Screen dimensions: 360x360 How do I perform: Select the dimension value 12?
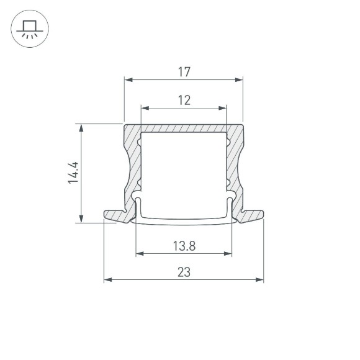point(183,99)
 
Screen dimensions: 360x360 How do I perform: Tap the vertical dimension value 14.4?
point(73,173)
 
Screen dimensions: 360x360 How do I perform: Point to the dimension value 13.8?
point(184,246)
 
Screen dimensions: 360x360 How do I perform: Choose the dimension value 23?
point(184,272)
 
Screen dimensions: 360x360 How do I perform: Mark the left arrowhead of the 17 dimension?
point(128,79)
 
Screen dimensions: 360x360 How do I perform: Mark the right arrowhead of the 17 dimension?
point(239,79)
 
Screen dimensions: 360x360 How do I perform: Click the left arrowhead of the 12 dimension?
point(144,107)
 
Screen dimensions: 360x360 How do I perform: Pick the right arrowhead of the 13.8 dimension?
point(228,253)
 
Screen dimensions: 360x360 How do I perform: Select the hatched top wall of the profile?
point(183,127)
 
